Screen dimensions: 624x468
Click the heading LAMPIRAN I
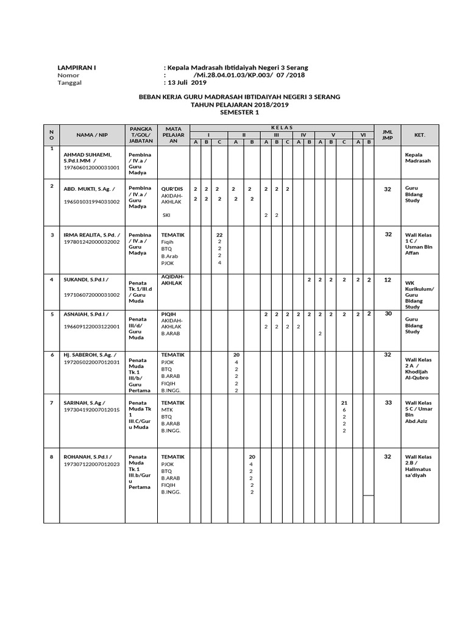[76, 67]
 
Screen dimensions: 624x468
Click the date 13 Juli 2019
[187, 83]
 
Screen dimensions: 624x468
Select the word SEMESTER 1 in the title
[239, 112]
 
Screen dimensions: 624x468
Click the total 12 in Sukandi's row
[387, 280]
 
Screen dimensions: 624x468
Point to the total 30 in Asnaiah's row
[387, 314]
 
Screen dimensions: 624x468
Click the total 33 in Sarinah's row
[387, 403]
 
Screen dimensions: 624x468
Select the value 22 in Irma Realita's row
[219, 235]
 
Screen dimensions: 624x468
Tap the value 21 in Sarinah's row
[344, 403]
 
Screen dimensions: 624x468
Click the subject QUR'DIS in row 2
[172, 189]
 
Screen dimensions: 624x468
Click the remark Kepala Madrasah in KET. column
[418, 158]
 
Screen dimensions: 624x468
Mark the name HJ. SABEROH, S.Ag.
[90, 355]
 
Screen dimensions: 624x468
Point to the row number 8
[52, 456]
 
